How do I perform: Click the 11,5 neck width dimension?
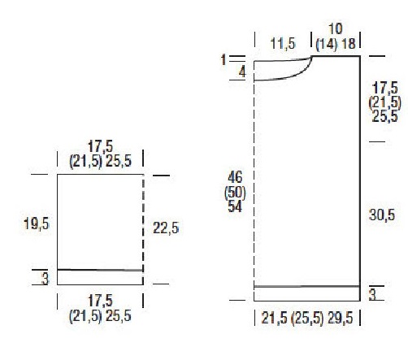tap(283, 43)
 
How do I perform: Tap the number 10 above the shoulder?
tap(335, 28)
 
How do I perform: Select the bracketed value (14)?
tap(327, 44)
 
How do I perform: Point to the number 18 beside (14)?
tap(349, 44)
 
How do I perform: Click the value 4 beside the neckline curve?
tap(242, 72)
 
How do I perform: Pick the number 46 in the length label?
tap(235, 177)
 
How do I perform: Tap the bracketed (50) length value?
tap(235, 193)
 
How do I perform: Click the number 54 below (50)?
tap(235, 206)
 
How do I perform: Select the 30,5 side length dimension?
tap(382, 215)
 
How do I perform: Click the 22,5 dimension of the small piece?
tap(166, 228)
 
